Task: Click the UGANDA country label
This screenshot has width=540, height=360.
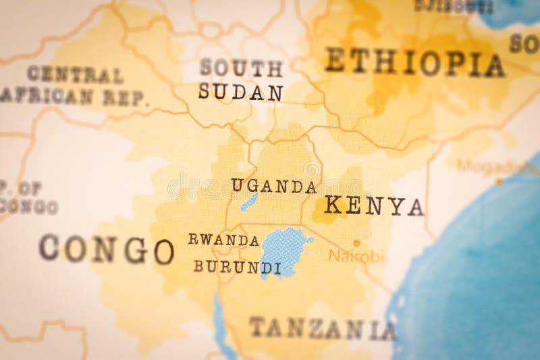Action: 274,186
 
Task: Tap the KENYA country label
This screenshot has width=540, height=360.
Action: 374,205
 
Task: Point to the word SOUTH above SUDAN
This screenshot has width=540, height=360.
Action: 241,68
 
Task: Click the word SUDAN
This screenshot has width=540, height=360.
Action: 240,92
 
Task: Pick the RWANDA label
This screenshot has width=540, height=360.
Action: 223,240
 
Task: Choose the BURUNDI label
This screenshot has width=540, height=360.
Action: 237,267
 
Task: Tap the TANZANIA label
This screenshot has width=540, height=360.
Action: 322,328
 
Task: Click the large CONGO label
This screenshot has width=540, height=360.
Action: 107,249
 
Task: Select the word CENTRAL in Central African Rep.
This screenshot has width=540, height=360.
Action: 76,74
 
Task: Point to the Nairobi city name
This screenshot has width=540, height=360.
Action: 356,257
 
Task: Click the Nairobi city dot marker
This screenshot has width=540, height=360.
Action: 356,242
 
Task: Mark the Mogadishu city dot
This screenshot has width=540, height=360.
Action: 499,181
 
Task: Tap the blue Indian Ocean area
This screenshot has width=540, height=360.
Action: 473,290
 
